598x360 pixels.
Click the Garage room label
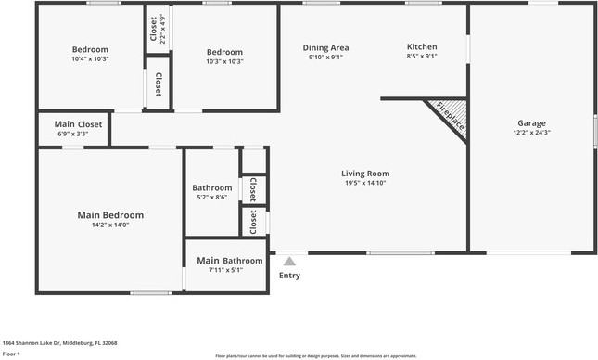[531, 123]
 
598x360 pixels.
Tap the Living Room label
[365, 173]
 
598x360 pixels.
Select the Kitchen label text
[422, 47]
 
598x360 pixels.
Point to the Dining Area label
[325, 47]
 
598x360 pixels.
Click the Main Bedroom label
[110, 214]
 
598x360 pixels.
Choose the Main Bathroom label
[229, 261]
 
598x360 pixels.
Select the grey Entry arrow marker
[290, 262]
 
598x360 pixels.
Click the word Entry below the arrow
[290, 276]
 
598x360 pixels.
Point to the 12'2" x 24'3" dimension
[531, 133]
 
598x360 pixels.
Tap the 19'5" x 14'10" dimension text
[365, 183]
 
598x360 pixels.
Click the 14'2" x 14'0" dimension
[110, 225]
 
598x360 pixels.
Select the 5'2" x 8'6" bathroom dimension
[211, 197]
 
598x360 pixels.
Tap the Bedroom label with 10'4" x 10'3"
[90, 49]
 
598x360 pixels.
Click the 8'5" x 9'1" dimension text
[422, 57]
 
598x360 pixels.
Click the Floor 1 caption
[11, 354]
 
